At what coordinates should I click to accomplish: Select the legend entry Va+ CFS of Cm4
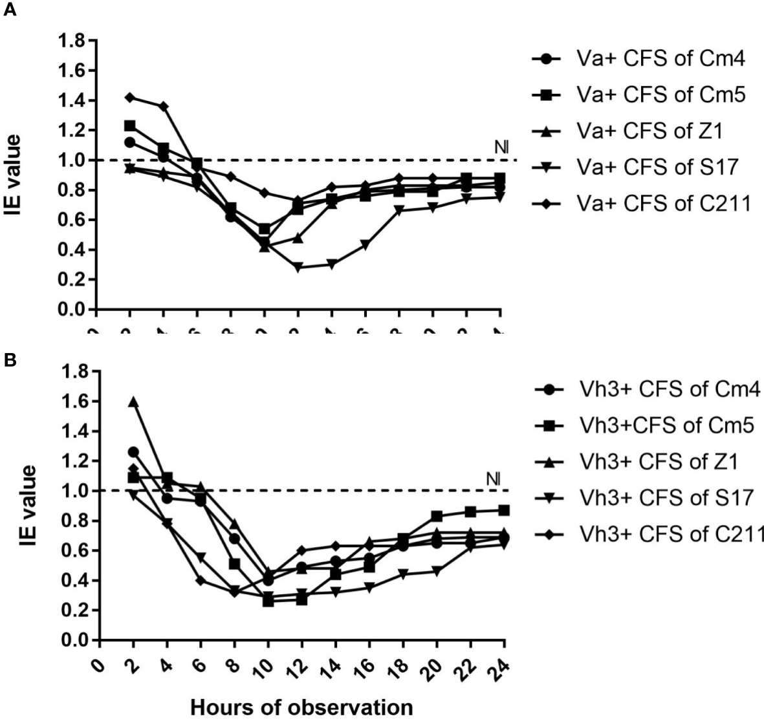[660, 59]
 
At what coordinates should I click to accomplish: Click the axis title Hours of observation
[301, 707]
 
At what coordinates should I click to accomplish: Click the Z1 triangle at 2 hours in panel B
[133, 402]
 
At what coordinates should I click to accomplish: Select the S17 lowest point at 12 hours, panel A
[298, 267]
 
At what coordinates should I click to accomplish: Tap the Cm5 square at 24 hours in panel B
[504, 510]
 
